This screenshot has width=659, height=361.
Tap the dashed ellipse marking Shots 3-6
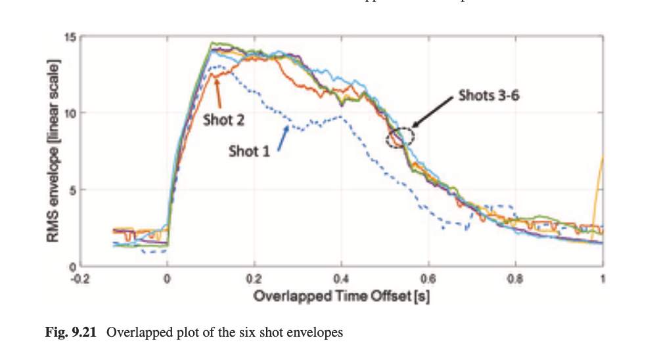pyautogui.click(x=400, y=137)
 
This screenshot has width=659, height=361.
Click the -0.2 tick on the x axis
pyautogui.click(x=80, y=278)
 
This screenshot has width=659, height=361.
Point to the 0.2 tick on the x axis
pyautogui.click(x=254, y=278)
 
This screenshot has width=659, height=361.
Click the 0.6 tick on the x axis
pyautogui.click(x=428, y=278)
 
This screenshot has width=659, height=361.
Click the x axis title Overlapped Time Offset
pyautogui.click(x=342, y=295)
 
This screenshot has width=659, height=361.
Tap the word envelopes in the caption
pyautogui.click(x=316, y=333)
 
